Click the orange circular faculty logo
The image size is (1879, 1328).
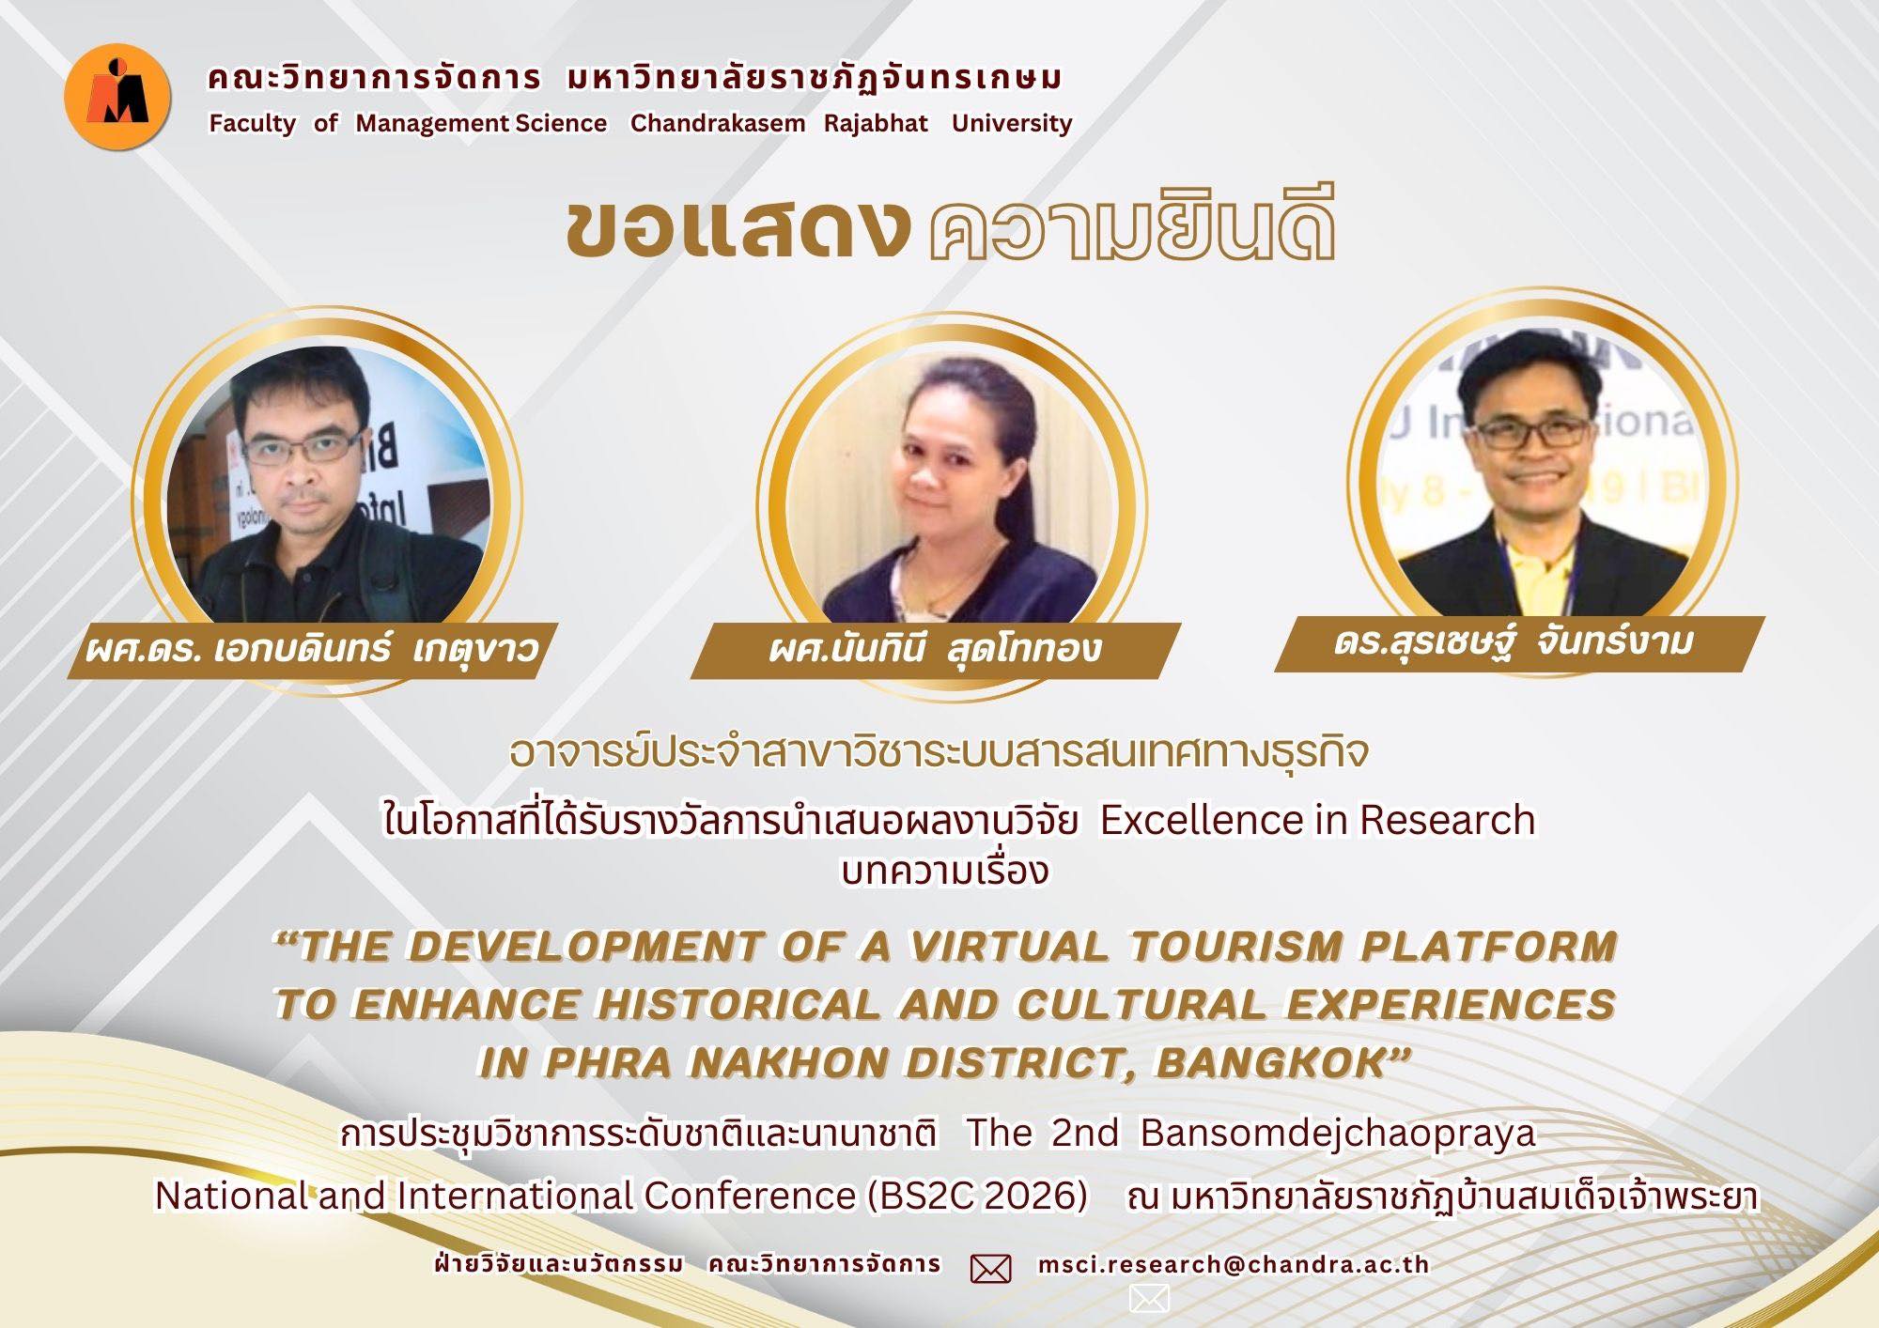[117, 97]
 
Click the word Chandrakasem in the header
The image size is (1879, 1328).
[717, 123]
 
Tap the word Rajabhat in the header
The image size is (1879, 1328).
[876, 123]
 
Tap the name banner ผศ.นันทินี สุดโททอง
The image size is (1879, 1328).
[935, 649]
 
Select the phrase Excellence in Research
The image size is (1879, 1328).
[1317, 820]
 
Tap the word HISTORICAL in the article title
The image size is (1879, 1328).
[738, 1005]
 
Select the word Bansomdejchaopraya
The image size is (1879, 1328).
[1338, 1134]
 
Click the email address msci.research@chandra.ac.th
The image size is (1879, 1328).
[1233, 1265]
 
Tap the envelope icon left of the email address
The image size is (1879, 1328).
[990, 1269]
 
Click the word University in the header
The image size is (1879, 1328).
[1011, 123]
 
